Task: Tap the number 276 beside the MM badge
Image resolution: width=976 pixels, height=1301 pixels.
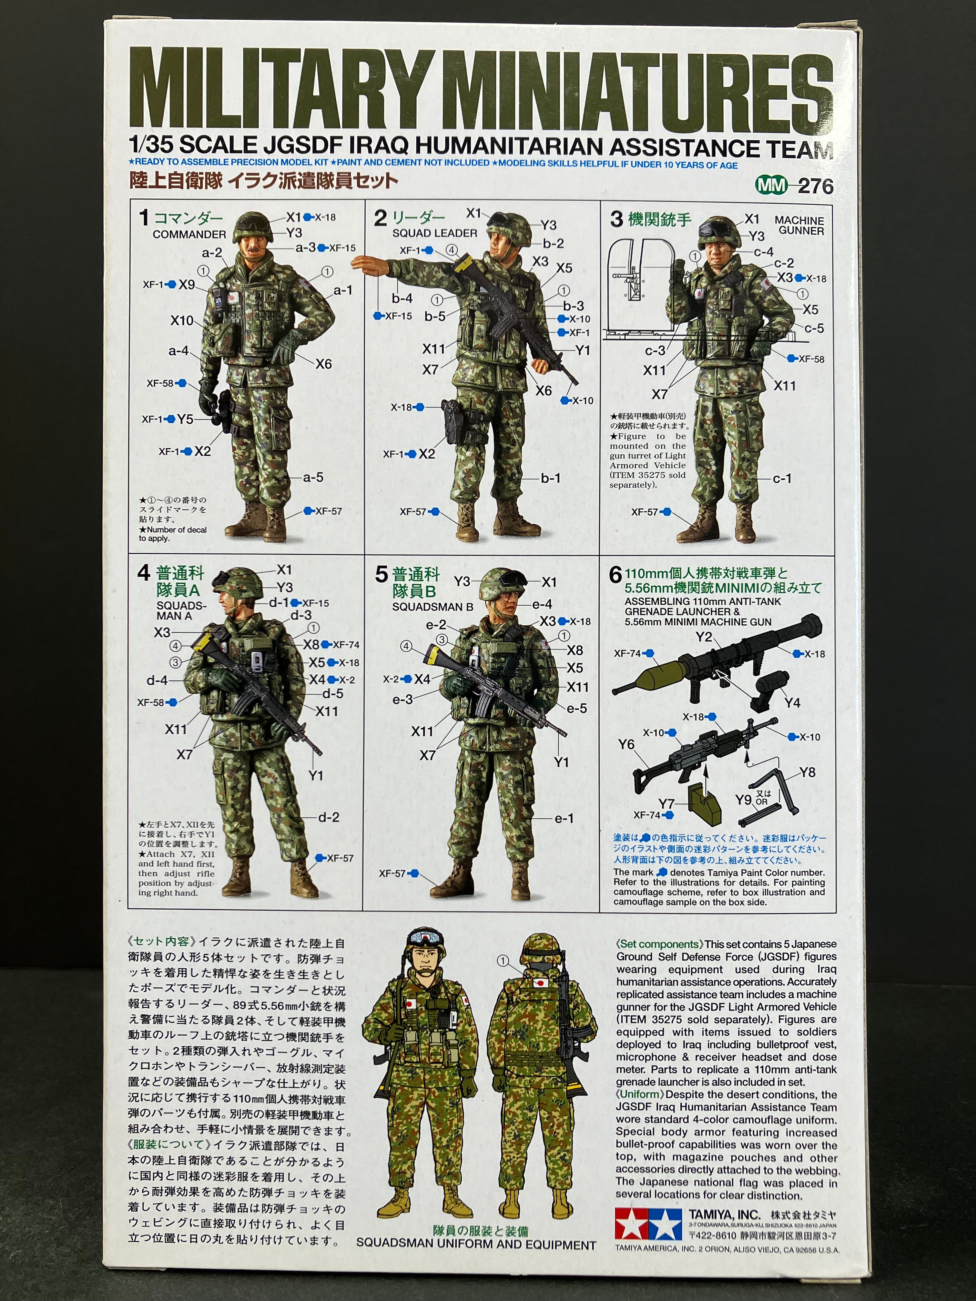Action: coord(815,187)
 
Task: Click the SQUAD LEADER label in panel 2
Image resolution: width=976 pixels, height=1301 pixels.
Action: coord(435,233)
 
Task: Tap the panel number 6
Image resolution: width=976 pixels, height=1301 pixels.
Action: coord(615,575)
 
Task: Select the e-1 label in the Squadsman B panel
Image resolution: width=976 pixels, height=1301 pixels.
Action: coord(564,818)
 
